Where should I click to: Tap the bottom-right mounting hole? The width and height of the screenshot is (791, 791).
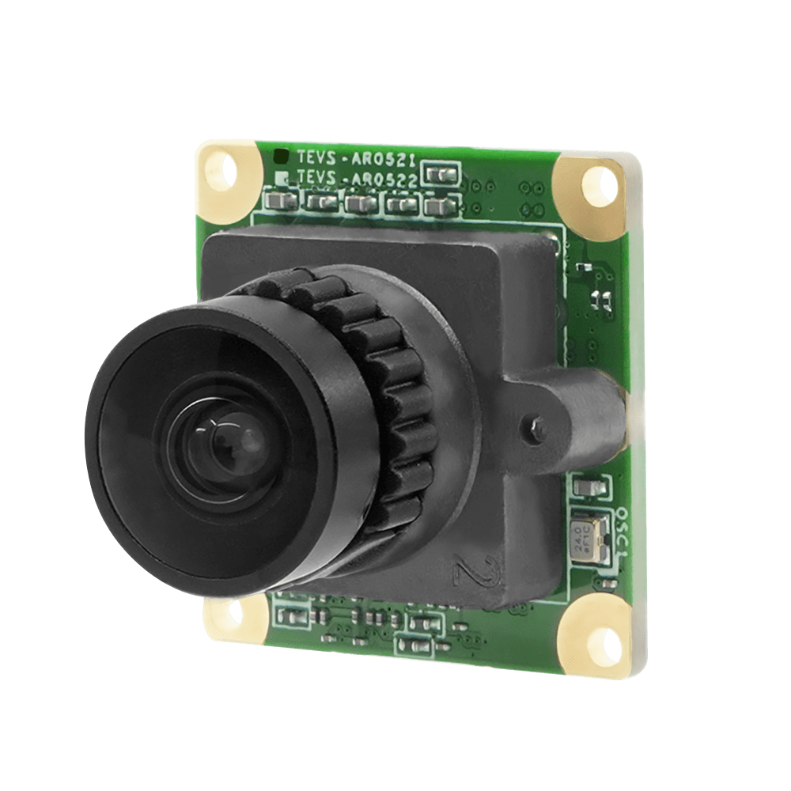point(595,635)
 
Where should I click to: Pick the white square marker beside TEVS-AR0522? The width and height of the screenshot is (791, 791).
point(282,177)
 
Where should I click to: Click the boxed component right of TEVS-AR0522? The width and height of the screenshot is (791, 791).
point(441,175)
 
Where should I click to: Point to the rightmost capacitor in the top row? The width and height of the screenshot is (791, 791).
point(434,207)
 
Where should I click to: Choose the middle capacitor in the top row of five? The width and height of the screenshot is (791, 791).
point(360,203)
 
